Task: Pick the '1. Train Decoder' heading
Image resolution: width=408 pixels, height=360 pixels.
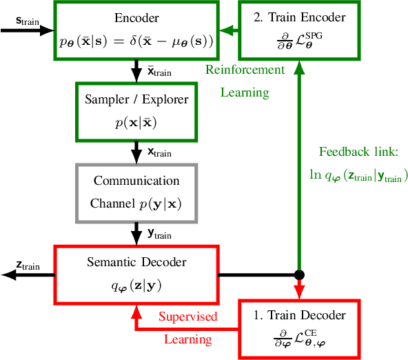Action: pyautogui.click(x=298, y=315)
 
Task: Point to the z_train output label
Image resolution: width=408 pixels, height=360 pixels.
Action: pyautogui.click(x=27, y=266)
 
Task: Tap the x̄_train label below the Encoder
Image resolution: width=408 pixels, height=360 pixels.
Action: pyautogui.click(x=157, y=71)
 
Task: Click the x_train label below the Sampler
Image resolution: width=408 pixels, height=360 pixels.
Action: pyautogui.click(x=157, y=152)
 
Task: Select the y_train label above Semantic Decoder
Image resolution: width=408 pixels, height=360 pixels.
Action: pyautogui.click(x=159, y=234)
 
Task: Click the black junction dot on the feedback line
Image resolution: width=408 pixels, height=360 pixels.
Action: pyautogui.click(x=298, y=274)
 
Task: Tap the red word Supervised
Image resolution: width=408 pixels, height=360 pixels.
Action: pyautogui.click(x=187, y=317)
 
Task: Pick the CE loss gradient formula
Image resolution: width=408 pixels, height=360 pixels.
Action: pyautogui.click(x=298, y=339)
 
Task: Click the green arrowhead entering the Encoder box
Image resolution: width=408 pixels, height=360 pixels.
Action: pyautogui.click(x=225, y=30)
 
